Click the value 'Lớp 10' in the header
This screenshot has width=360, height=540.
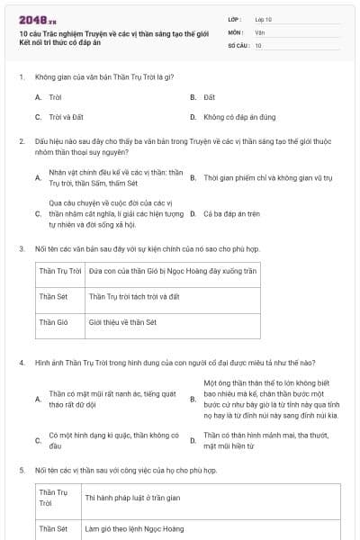click(264, 18)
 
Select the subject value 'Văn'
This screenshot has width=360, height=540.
click(259, 31)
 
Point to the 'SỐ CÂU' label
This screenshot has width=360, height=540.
click(238, 44)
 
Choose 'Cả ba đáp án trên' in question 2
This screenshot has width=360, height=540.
click(231, 214)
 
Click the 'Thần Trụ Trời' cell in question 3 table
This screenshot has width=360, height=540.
click(60, 270)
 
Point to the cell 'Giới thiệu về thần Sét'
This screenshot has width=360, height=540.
click(122, 321)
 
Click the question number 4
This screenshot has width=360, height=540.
click(22, 363)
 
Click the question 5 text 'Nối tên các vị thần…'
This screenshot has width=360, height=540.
click(126, 471)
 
